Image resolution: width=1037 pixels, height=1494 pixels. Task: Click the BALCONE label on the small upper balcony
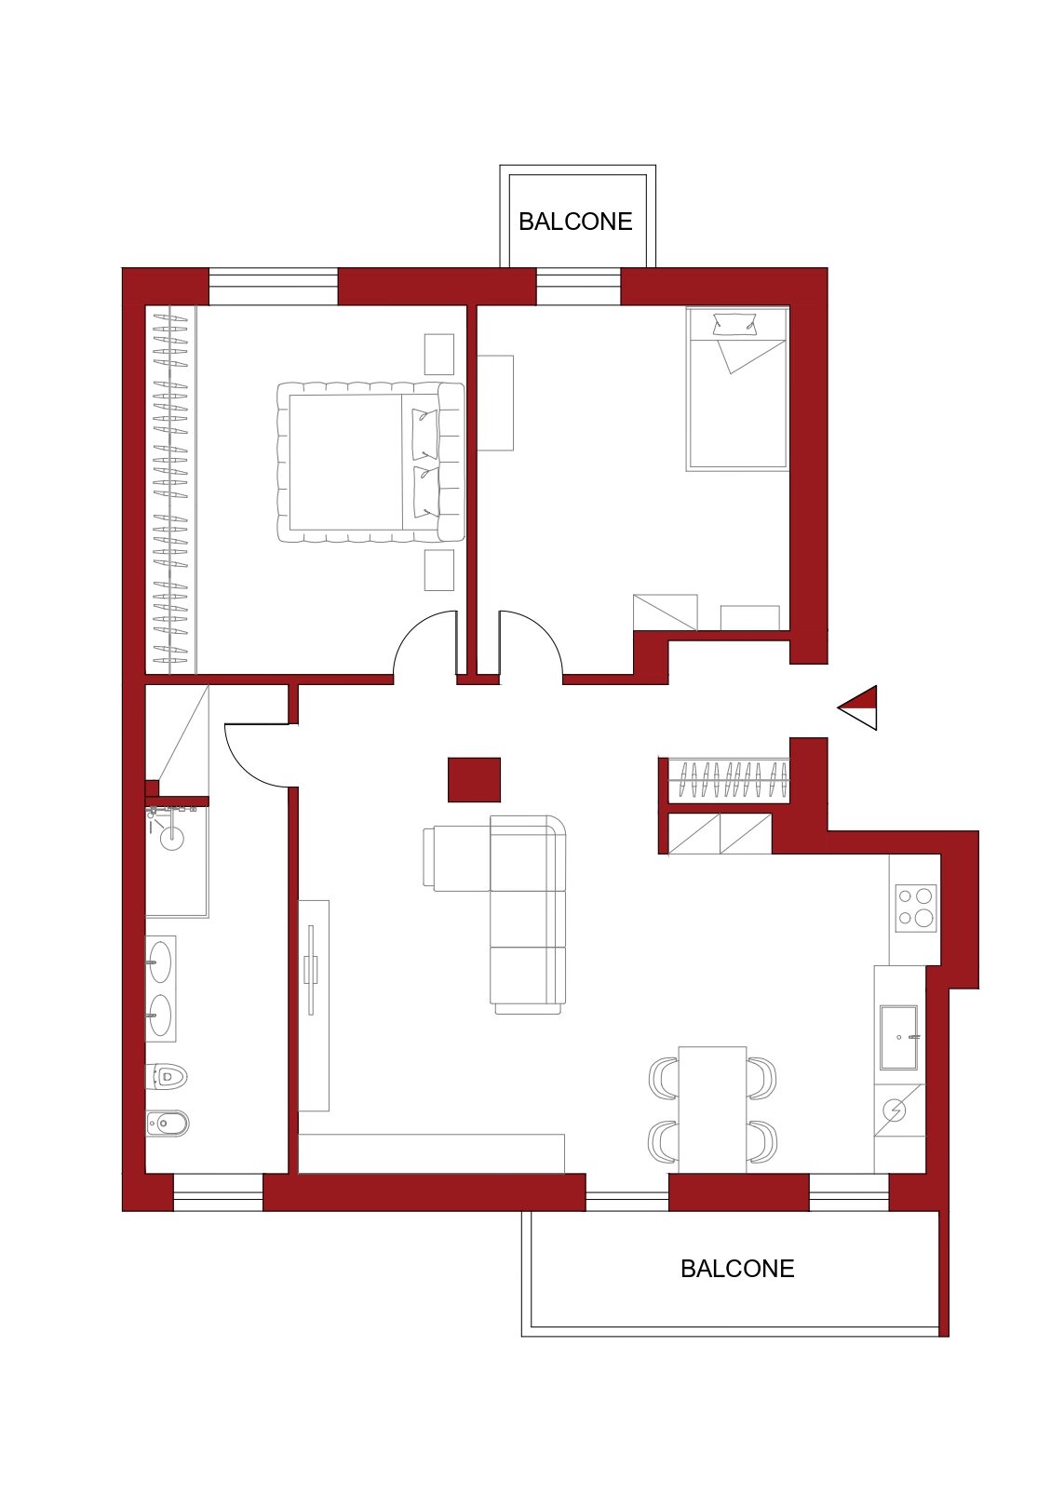pyautogui.click(x=575, y=222)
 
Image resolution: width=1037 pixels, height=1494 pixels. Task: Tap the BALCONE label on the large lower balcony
pyautogui.click(x=737, y=1269)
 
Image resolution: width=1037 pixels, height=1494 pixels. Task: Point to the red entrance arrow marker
pyautogui.click(x=857, y=707)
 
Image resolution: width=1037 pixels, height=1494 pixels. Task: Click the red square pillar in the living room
pyautogui.click(x=474, y=779)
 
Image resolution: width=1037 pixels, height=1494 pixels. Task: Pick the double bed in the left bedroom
pyautogui.click(x=370, y=463)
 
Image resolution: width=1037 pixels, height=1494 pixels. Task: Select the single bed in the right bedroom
pyautogui.click(x=737, y=388)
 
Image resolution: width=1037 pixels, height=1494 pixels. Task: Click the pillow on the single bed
pyautogui.click(x=735, y=324)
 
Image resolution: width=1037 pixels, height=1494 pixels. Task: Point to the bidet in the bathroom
pyautogui.click(x=168, y=1124)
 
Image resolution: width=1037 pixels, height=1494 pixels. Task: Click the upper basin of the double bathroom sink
pyautogui.click(x=160, y=962)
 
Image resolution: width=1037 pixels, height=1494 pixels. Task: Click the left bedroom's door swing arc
pyautogui.click(x=415, y=628)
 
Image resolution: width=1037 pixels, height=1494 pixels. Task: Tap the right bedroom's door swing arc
pyautogui.click(x=541, y=629)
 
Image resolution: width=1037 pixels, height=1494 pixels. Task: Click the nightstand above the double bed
pyautogui.click(x=438, y=354)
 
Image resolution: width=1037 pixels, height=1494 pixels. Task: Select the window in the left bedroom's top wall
pyautogui.click(x=274, y=287)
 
